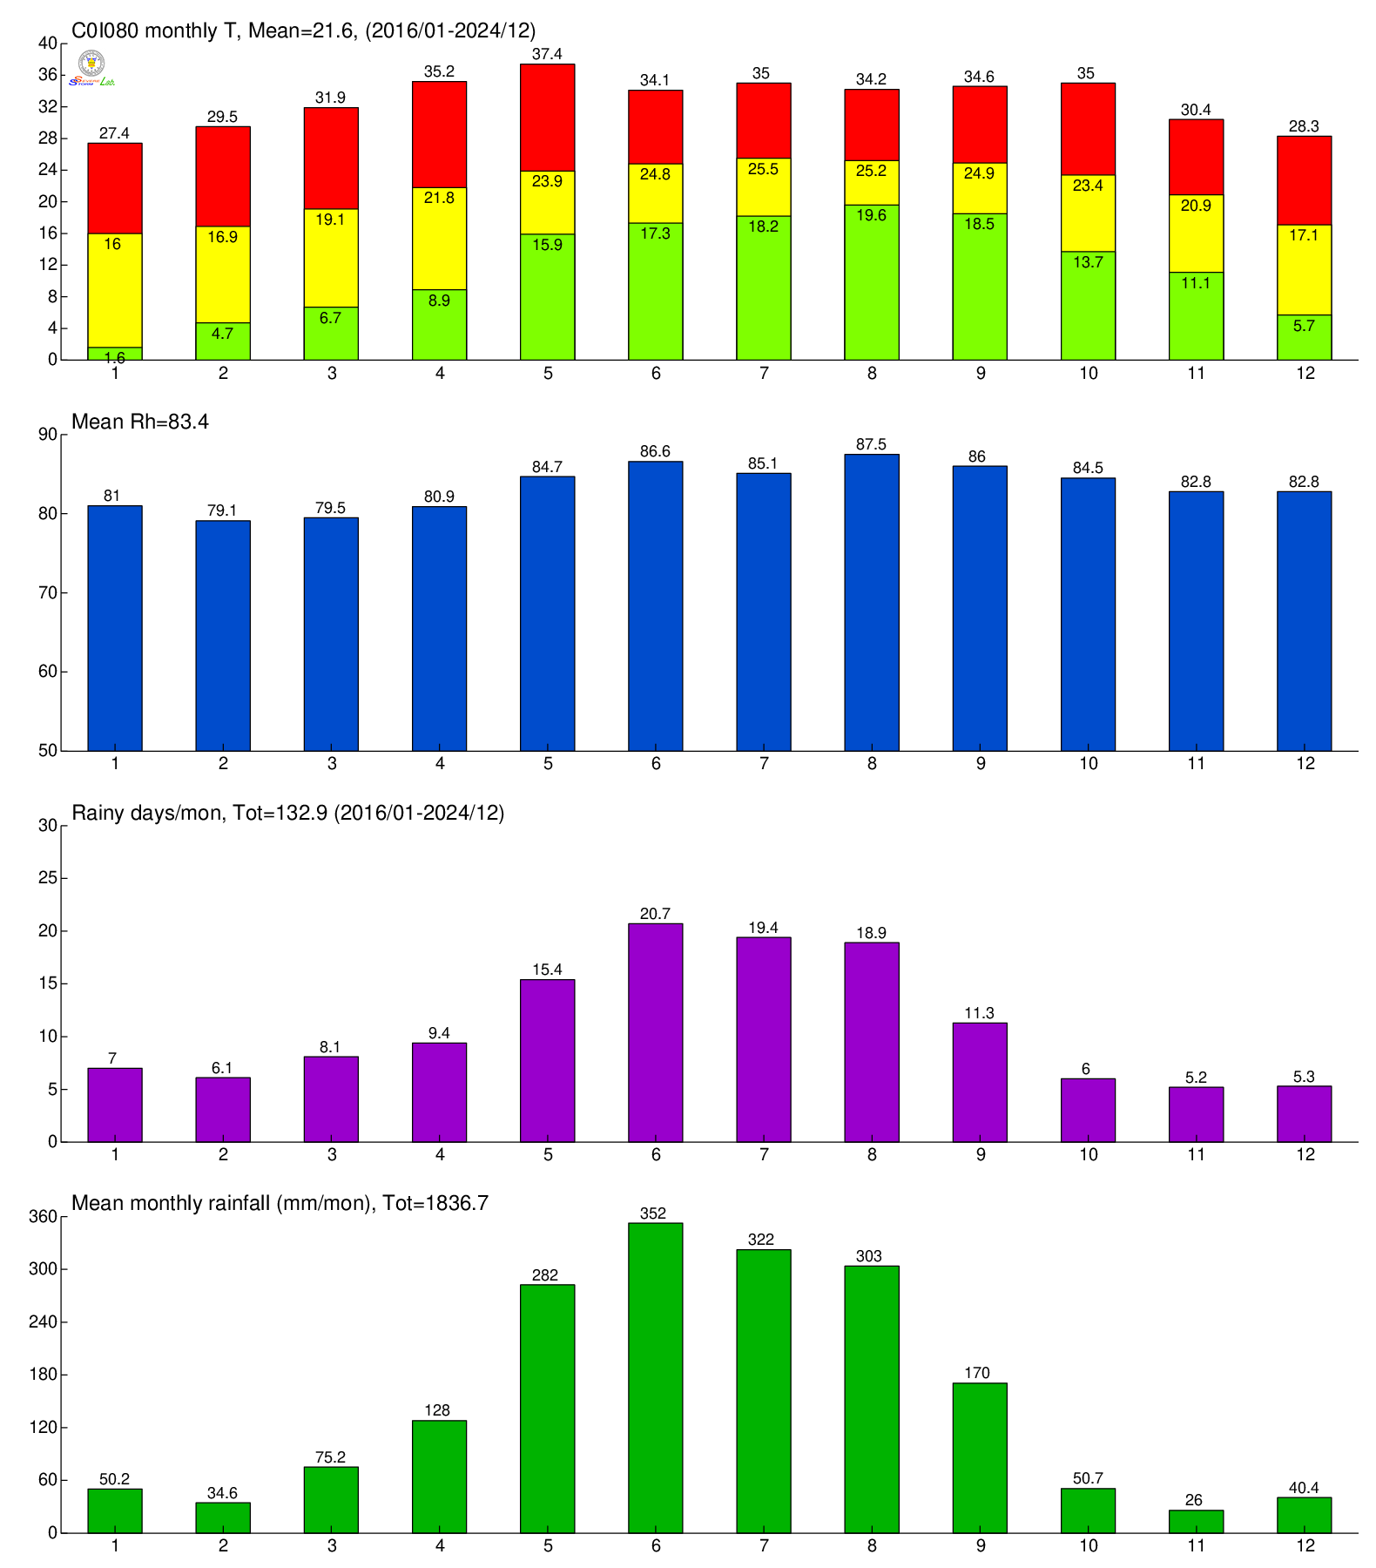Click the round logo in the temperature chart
91,63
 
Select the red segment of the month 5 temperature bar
547,118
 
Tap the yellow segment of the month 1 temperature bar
115,290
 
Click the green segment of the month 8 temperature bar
872,282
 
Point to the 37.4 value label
547,54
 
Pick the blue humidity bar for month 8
872,602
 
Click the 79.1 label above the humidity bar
222,510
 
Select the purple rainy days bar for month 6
655,1032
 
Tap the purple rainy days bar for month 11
1196,1114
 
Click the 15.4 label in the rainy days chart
547,970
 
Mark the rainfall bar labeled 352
655,1377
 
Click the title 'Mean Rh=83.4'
140,422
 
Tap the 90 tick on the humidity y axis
47,435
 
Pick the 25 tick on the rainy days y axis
47,878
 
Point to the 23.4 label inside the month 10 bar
1088,185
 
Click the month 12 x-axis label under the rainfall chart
1305,1545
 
